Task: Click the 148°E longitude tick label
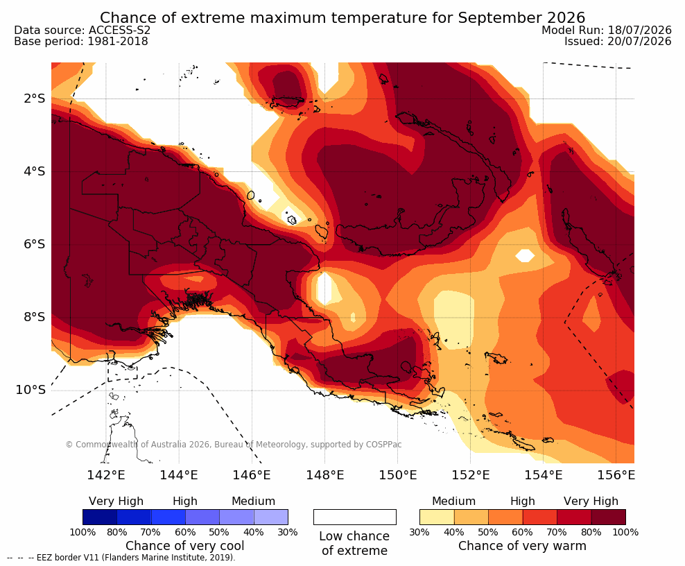coord(324,474)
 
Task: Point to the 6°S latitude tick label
coord(35,244)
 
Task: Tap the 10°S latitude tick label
coord(31,390)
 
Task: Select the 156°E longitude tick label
coord(616,474)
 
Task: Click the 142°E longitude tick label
coord(106,474)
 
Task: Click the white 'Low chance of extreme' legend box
coord(355,517)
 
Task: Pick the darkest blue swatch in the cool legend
coord(100,517)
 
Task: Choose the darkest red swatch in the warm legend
coord(609,517)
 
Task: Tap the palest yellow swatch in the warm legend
coord(437,517)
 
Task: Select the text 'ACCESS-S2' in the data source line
coord(119,30)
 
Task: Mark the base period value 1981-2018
coord(118,42)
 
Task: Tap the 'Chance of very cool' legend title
coord(185,546)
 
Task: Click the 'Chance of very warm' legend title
coord(523,546)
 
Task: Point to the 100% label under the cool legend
coord(83,532)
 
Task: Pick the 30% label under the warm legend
coord(419,532)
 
